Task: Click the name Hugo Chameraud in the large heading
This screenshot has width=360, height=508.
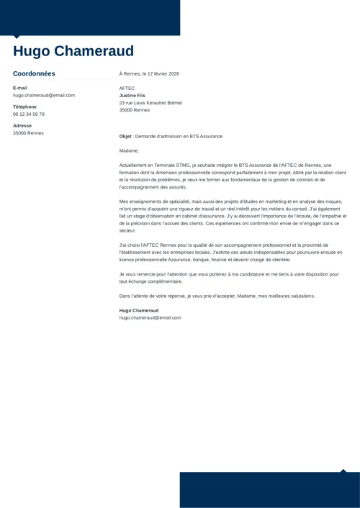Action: click(x=73, y=52)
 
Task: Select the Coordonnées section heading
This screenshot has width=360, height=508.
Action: click(x=34, y=73)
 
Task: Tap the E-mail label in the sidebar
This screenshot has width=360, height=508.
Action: click(x=20, y=88)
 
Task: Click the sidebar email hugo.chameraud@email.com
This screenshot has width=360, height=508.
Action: click(x=44, y=95)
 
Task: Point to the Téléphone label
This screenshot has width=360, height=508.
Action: click(x=24, y=106)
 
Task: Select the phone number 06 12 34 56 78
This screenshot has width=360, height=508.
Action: click(x=29, y=114)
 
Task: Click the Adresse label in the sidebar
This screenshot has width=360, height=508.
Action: click(x=22, y=126)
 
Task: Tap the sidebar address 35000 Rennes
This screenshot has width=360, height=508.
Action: click(x=28, y=133)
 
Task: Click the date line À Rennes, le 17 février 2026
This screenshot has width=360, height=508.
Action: click(x=149, y=73)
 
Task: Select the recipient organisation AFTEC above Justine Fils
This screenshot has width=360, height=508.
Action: click(x=127, y=89)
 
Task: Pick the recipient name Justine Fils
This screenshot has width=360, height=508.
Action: click(x=132, y=96)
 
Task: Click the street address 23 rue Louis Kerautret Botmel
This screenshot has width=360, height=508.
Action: click(x=150, y=103)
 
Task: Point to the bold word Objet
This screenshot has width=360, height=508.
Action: click(x=126, y=136)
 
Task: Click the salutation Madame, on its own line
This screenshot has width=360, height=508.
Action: click(x=129, y=150)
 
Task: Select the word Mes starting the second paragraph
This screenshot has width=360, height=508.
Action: click(x=123, y=201)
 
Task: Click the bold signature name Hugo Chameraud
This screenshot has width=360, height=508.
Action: click(x=139, y=310)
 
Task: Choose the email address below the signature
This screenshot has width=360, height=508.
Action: click(x=150, y=317)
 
